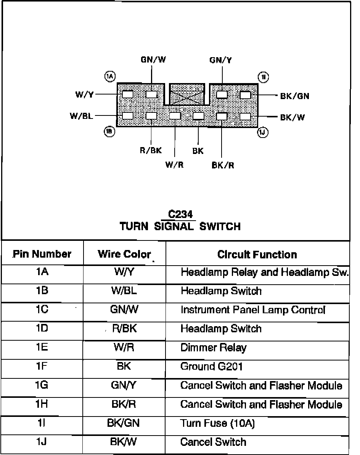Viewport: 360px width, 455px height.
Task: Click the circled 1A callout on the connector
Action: coord(110,77)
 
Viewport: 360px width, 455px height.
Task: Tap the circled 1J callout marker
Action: coord(263,132)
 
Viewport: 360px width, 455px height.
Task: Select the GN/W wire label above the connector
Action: coord(153,60)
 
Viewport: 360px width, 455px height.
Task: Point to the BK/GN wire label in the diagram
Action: coord(294,96)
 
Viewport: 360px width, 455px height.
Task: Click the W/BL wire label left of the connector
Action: coord(81,116)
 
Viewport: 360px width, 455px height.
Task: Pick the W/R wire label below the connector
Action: coord(174,165)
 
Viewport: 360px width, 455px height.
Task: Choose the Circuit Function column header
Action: coord(257,255)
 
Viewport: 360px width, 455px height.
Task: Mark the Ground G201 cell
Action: coord(211,367)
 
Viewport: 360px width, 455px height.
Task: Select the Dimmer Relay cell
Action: coord(213,348)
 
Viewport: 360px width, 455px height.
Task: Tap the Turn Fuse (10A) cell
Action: coord(217,423)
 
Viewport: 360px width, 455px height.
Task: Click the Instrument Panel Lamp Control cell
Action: coord(253,310)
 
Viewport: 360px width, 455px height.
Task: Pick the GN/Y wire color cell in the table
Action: coord(124,385)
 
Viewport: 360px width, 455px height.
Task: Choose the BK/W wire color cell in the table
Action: coord(124,442)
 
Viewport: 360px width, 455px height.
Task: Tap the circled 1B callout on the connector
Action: coord(109,132)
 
